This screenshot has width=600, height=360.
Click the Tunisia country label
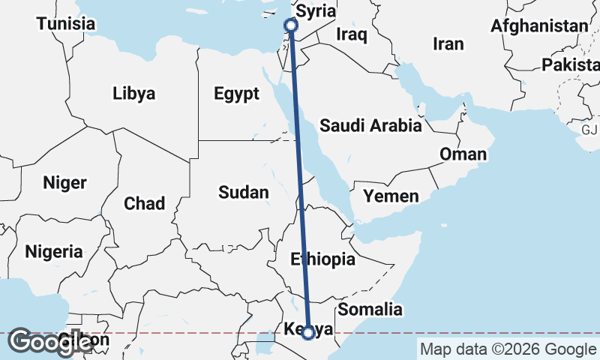point(66,24)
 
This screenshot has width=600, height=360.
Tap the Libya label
point(133,94)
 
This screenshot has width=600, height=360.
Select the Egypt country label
point(236,94)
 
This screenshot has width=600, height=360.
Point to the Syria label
point(316,12)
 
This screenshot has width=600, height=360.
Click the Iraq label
point(351,34)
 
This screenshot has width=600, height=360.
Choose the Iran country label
point(448,44)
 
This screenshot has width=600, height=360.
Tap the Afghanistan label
point(539,26)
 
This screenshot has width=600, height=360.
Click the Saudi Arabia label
point(370,126)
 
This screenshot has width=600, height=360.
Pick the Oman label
point(463,154)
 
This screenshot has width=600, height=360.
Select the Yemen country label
point(391,196)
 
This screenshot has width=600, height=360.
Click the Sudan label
point(243,193)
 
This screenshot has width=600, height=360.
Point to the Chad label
point(144,202)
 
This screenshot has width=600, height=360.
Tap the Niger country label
point(64,182)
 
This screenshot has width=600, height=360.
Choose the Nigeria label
point(54,252)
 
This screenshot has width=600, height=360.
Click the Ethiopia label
point(322,259)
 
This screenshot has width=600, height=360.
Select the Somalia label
point(370,309)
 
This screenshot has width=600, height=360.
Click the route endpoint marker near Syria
point(291,25)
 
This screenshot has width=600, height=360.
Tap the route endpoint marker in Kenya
point(308,333)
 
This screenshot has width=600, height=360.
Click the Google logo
point(50,343)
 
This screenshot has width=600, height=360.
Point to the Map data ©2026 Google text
point(508,349)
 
